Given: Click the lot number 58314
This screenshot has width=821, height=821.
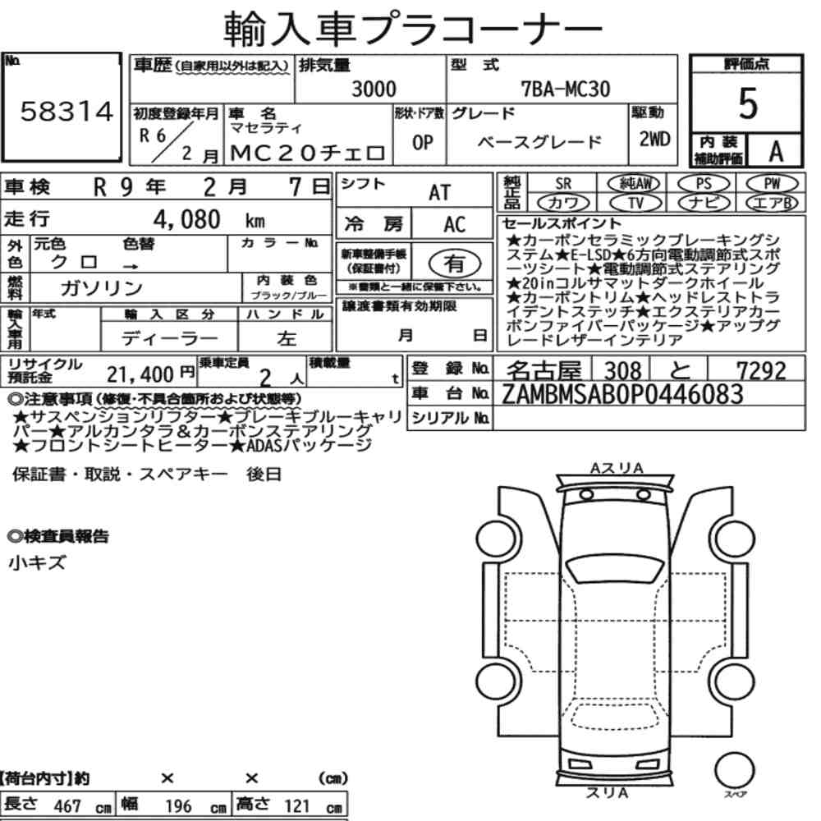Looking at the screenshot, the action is pyautogui.click(x=67, y=112).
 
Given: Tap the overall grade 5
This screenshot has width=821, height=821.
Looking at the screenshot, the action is pyautogui.click(x=747, y=103).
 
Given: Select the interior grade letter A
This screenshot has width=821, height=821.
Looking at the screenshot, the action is pyautogui.click(x=776, y=151).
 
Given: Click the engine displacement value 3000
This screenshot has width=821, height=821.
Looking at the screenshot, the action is pyautogui.click(x=374, y=89).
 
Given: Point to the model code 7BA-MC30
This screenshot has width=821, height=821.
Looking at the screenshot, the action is pyautogui.click(x=566, y=89).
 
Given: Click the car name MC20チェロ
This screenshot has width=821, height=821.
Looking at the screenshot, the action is pyautogui.click(x=308, y=153).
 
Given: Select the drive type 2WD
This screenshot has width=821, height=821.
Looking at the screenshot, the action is pyautogui.click(x=654, y=139).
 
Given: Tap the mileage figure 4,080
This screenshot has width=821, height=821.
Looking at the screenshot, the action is pyautogui.click(x=187, y=219).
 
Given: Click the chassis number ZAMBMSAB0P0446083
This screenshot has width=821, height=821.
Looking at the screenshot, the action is pyautogui.click(x=622, y=394).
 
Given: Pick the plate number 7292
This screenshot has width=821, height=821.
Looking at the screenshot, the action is pyautogui.click(x=761, y=371).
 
